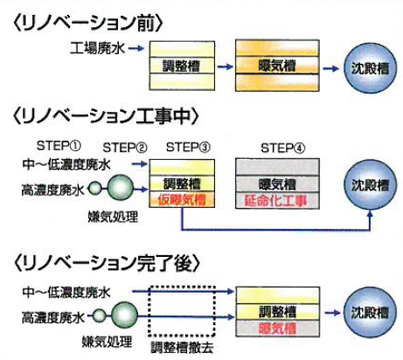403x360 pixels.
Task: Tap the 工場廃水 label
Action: pos(94,47)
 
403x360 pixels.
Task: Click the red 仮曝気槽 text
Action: pos(182,199)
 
